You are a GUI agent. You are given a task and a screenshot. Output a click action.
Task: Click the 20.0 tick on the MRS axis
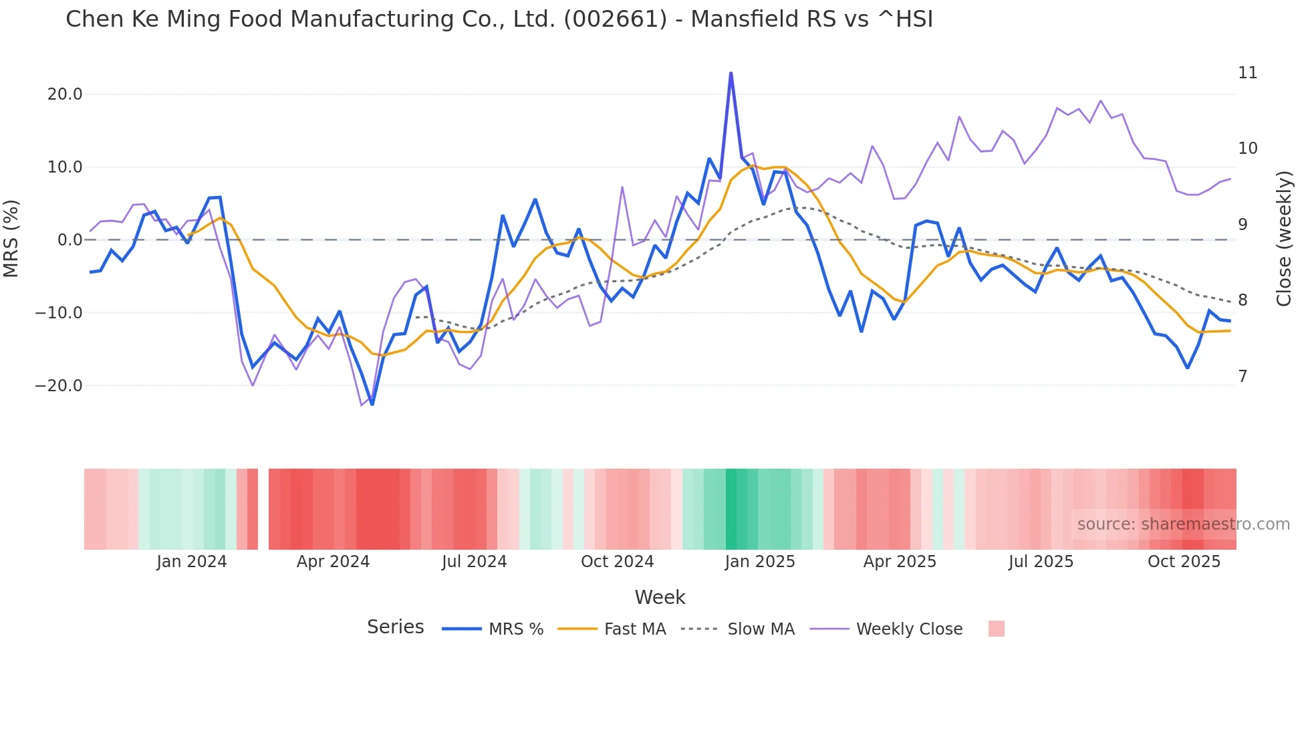tap(65, 94)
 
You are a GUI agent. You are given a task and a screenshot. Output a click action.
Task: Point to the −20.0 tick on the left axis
tap(59, 386)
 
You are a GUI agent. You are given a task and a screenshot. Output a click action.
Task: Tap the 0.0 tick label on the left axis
tap(70, 240)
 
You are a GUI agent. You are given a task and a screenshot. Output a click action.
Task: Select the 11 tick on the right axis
tap(1247, 73)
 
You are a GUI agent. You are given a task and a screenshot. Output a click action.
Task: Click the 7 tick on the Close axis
tap(1242, 377)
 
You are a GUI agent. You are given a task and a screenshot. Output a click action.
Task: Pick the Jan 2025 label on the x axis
tap(760, 562)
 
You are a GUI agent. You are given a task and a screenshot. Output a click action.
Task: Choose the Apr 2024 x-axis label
tap(333, 562)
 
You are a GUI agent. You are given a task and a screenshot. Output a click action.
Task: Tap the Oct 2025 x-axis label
tap(1184, 562)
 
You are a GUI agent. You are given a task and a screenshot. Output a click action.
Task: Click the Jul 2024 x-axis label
tap(474, 562)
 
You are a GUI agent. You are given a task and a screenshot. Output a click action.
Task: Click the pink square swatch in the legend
tap(996, 629)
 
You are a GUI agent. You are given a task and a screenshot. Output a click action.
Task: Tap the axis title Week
tap(660, 597)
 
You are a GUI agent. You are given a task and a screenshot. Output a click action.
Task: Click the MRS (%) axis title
tap(11, 239)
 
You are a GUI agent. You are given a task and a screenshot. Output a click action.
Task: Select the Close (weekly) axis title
tap(1283, 239)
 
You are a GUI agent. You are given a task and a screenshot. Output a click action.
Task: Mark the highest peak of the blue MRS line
tap(731, 73)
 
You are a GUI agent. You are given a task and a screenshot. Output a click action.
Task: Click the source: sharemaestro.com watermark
tap(1183, 524)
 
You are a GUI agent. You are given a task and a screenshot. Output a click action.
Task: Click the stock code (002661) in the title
tap(615, 19)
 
